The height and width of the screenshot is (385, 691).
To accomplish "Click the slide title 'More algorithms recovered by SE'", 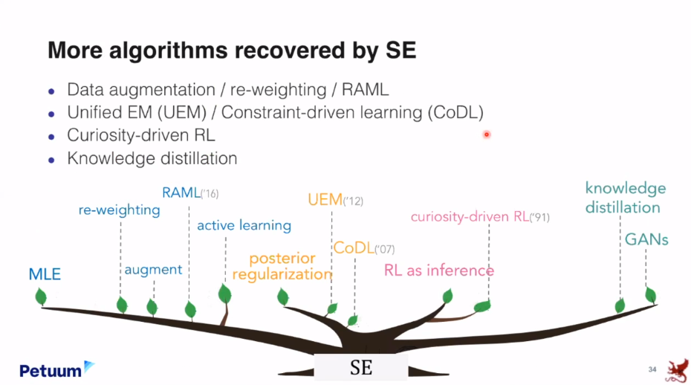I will (232, 51).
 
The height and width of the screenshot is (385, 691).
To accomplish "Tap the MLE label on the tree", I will (45, 275).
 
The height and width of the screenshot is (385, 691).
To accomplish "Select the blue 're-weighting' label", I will (120, 210).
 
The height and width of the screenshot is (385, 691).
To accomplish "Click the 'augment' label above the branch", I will (153, 269).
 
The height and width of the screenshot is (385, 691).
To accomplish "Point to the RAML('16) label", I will (190, 193).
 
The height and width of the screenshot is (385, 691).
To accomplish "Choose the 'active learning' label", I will (244, 225).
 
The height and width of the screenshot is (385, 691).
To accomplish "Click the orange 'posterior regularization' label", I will (282, 267).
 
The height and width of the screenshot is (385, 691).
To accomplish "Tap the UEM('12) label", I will (335, 200).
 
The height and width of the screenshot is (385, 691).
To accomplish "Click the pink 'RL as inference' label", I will (438, 270).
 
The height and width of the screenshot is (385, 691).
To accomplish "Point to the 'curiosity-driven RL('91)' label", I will (480, 217).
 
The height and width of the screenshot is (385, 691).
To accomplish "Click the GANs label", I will (646, 239).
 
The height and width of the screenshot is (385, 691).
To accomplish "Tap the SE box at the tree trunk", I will (361, 368).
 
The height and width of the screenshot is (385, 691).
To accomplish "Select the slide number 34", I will (652, 369).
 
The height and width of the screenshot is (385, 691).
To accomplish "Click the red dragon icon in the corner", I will (676, 369).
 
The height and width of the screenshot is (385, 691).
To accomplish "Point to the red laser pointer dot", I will (487, 135).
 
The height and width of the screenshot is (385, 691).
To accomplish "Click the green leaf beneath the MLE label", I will (41, 297).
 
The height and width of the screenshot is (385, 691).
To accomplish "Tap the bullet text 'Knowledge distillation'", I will (152, 158).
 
